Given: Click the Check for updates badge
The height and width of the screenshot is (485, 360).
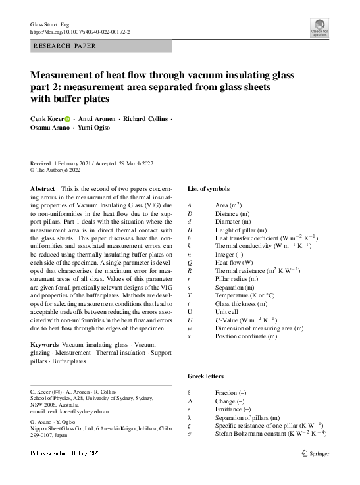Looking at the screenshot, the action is click(x=319, y=27).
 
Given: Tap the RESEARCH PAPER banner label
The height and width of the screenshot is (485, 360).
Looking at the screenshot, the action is click(x=64, y=46).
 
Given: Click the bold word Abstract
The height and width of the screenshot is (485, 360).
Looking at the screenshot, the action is click(x=43, y=189).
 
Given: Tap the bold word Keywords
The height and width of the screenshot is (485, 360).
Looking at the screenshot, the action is click(x=45, y=344).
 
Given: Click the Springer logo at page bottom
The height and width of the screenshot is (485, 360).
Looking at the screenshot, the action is click(x=315, y=453).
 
